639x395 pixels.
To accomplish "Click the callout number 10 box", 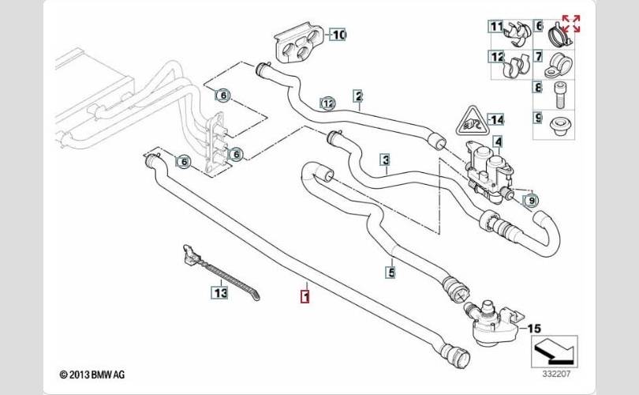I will tap(338, 35).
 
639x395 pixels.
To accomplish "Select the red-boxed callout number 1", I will tap(305, 297).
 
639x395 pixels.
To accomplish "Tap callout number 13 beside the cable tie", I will tap(219, 293).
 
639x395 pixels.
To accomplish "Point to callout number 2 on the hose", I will tap(358, 97).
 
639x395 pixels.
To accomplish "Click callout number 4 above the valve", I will tap(498, 141).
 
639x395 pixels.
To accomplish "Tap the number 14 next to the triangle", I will tap(495, 119).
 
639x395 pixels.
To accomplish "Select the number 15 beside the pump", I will tap(534, 327).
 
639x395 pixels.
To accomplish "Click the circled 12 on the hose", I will tap(327, 103).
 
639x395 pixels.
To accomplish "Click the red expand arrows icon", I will tap(570, 24).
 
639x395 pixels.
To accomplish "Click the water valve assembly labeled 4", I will tap(489, 167).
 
